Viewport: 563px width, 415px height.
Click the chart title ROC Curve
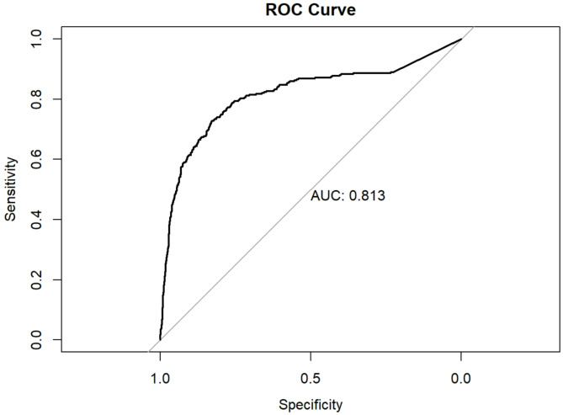coord(311,9)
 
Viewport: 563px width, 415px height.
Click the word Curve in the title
coord(332,9)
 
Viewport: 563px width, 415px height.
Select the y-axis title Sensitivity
coord(10,189)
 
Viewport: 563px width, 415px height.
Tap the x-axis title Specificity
coord(311,405)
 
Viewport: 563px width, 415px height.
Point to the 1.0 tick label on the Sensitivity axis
coord(37,39)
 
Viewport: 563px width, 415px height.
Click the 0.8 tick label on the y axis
coord(37,98)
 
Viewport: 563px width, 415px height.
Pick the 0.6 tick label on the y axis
coord(37,159)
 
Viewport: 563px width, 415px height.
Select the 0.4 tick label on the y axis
coord(37,219)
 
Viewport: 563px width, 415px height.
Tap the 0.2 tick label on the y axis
coord(37,279)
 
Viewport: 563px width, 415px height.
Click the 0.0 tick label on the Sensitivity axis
coord(37,339)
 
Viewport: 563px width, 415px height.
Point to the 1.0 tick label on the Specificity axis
coord(160,378)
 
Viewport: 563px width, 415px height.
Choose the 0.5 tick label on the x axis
coord(311,378)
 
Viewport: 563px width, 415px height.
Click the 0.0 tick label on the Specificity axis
coord(461,378)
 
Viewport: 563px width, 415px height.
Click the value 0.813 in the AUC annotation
coord(367,196)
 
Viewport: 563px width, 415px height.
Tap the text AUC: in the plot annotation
coord(327,196)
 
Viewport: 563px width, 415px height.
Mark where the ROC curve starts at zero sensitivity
coord(160,339)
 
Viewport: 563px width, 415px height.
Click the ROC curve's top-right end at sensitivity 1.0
coord(461,39)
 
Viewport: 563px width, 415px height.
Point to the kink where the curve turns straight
coord(392,72)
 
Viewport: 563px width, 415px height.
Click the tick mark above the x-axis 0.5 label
coord(311,355)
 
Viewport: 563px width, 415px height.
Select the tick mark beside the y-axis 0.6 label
coord(58,159)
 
